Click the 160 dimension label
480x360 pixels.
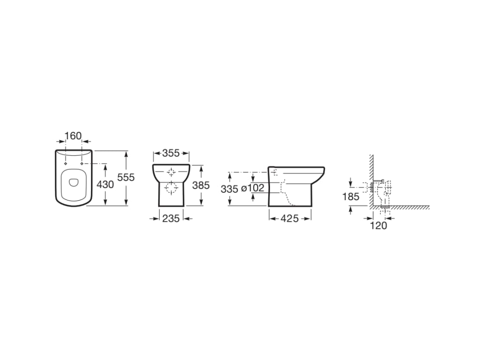coord(74,135)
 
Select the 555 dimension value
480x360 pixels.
coord(126,177)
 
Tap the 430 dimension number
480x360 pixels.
coord(105,184)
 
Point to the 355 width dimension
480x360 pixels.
coord(171,153)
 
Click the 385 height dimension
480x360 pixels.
coord(201,185)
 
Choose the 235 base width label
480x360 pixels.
coord(171,218)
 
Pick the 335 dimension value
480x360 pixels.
coord(229,189)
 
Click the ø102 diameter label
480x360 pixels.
coord(253,187)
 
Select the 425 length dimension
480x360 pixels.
coord(290,218)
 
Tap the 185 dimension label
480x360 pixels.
coord(351,196)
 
